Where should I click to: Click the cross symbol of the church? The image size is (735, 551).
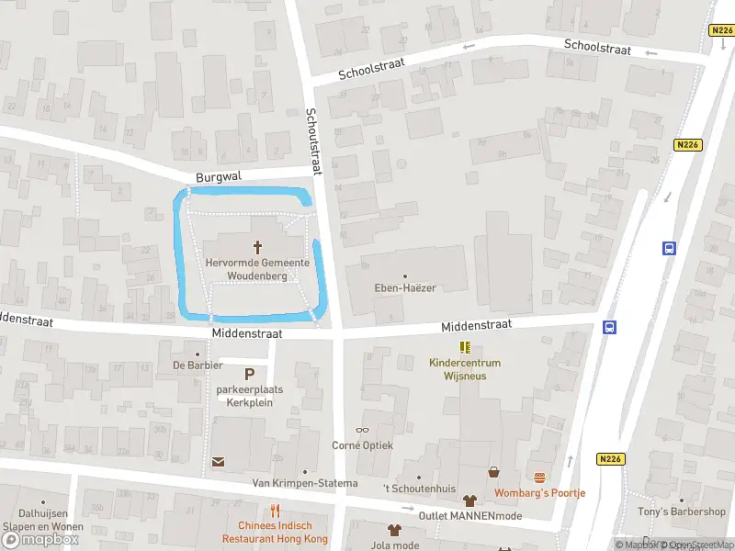pyautogui.click(x=257, y=246)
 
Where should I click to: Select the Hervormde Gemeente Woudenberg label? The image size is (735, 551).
pyautogui.click(x=257, y=269)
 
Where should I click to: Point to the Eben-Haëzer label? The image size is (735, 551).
pyautogui.click(x=404, y=287)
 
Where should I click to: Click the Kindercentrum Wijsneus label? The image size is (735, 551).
pyautogui.click(x=464, y=369)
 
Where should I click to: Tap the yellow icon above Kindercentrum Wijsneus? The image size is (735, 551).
pyautogui.click(x=465, y=347)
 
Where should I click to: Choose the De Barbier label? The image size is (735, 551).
pyautogui.click(x=198, y=365)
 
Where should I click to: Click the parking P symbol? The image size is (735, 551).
pyautogui.click(x=249, y=374)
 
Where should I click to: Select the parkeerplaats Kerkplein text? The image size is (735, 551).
pyautogui.click(x=250, y=396)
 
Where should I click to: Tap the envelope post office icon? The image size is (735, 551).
pyautogui.click(x=219, y=462)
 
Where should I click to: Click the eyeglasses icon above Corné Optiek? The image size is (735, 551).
pyautogui.click(x=362, y=430)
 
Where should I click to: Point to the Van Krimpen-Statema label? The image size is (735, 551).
pyautogui.click(x=294, y=483)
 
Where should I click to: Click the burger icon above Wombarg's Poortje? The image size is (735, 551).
pyautogui.click(x=539, y=478)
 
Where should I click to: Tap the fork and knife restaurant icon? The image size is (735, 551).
pyautogui.click(x=274, y=511)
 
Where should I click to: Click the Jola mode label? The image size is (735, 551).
pyautogui.click(x=394, y=545)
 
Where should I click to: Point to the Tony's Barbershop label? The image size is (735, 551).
pyautogui.click(x=682, y=512)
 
